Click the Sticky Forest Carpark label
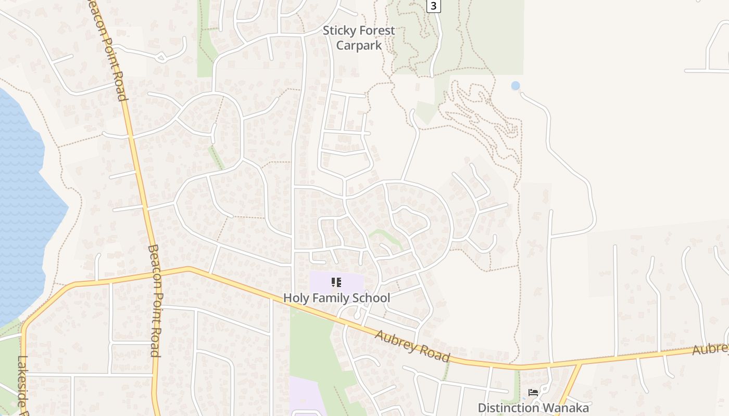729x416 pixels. (x=359, y=38)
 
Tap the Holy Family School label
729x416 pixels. (x=336, y=298)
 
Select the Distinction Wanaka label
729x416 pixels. (x=533, y=408)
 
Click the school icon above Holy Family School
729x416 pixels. (x=336, y=282)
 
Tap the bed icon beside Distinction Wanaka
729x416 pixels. (x=533, y=393)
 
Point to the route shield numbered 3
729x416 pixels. (x=433, y=6)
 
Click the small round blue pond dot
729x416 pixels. (x=516, y=86)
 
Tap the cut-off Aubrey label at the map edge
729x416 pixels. (x=710, y=349)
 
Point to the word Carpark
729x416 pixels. (x=359, y=45)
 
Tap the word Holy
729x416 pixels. (x=294, y=298)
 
